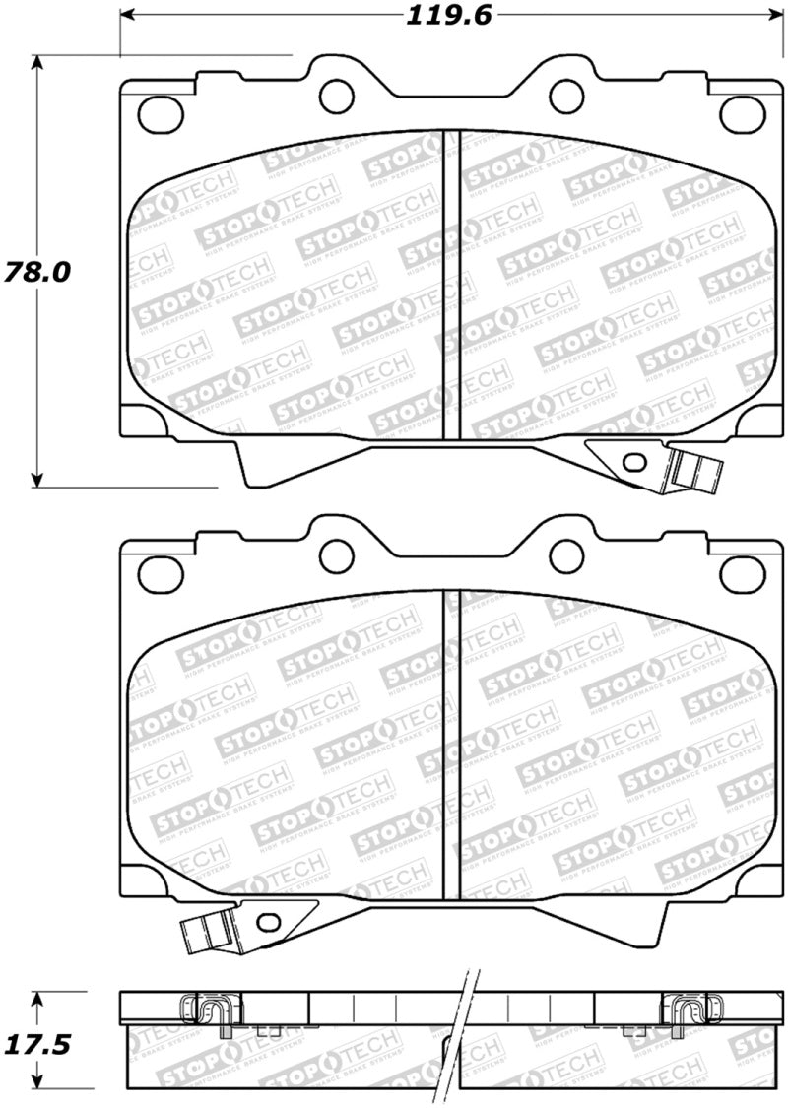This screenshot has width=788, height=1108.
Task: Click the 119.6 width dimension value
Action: coord(446,15)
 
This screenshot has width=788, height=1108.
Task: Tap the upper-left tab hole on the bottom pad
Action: coord(337,554)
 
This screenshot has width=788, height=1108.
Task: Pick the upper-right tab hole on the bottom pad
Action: coord(564,554)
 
